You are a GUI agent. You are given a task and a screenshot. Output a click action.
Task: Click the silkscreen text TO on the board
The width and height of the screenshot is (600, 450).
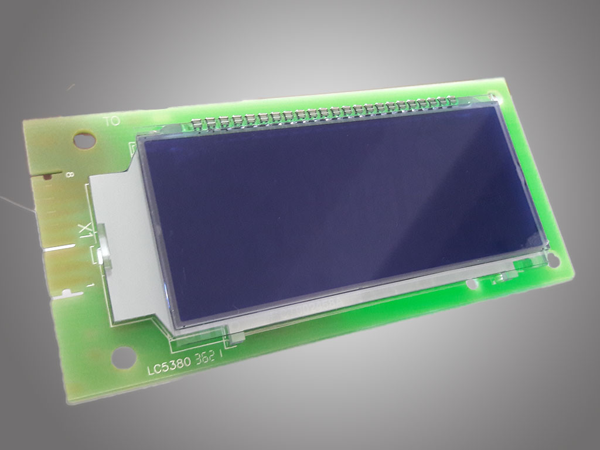111,122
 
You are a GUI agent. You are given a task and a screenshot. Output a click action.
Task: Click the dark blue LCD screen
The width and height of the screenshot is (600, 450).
340,211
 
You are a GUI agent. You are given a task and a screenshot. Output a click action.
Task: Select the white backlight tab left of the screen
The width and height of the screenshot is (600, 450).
120,246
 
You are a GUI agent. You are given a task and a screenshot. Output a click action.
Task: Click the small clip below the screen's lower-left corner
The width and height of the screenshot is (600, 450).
234,336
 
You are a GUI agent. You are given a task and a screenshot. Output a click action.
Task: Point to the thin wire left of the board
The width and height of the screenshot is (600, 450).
18,205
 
